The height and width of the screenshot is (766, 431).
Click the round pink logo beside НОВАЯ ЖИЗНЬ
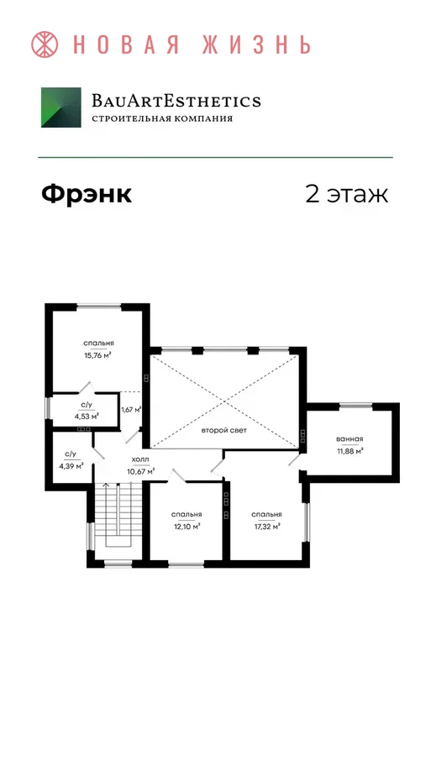click(45, 45)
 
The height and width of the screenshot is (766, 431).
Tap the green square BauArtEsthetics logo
click(61, 108)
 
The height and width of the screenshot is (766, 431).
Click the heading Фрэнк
click(87, 194)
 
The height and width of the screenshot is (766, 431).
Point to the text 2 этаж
click(347, 194)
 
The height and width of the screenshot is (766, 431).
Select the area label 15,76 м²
click(98, 355)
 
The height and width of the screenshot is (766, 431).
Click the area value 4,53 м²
click(87, 417)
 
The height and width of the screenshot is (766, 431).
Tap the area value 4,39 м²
click(71, 466)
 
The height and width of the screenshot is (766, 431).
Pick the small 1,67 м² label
click(131, 409)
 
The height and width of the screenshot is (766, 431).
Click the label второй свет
click(224, 431)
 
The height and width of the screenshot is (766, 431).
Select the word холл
click(141, 459)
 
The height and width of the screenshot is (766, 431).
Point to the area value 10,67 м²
click(141, 472)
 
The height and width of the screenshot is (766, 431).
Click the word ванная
click(350, 438)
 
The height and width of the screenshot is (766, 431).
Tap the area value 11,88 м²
click(350, 451)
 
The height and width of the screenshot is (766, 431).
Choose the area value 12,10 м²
click(187, 527)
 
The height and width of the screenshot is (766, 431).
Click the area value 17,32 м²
click(266, 527)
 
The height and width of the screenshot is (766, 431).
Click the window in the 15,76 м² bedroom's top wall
click(98, 307)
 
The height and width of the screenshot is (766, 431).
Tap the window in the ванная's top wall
click(355, 406)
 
